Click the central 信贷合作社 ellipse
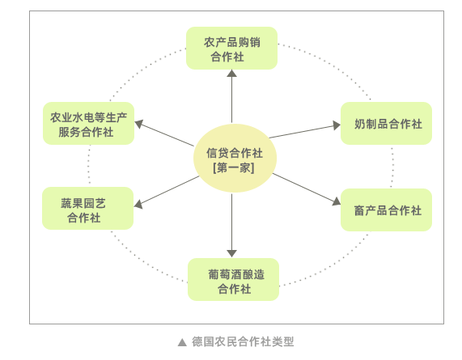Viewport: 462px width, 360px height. [235, 159]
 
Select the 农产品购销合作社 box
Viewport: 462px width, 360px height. [231, 49]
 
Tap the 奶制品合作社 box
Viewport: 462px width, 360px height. [386, 123]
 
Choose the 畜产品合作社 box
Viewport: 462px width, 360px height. [386, 210]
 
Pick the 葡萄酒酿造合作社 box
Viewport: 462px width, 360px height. [233, 279]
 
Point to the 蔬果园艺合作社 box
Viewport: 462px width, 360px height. [88, 208]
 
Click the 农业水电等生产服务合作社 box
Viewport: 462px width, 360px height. [89, 123]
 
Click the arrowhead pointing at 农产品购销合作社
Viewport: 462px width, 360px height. [232, 74]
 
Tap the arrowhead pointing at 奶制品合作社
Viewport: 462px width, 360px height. [337, 125]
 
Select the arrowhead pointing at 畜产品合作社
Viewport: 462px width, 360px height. [337, 201]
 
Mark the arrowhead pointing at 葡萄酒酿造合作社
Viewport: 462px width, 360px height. [232, 254]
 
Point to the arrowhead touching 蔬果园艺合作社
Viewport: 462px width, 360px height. [138, 204]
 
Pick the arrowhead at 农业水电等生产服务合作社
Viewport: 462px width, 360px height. [139, 124]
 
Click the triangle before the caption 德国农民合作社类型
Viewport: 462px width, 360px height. [182, 342]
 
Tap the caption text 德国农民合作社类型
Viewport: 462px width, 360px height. [243, 341]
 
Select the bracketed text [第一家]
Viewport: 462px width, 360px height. [234, 168]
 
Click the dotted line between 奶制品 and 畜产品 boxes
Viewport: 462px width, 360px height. [392, 167]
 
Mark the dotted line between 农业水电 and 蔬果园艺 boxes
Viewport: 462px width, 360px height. [89, 166]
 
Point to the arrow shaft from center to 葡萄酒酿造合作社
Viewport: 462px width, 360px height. [232, 222]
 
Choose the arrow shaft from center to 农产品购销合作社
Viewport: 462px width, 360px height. [232, 100]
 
